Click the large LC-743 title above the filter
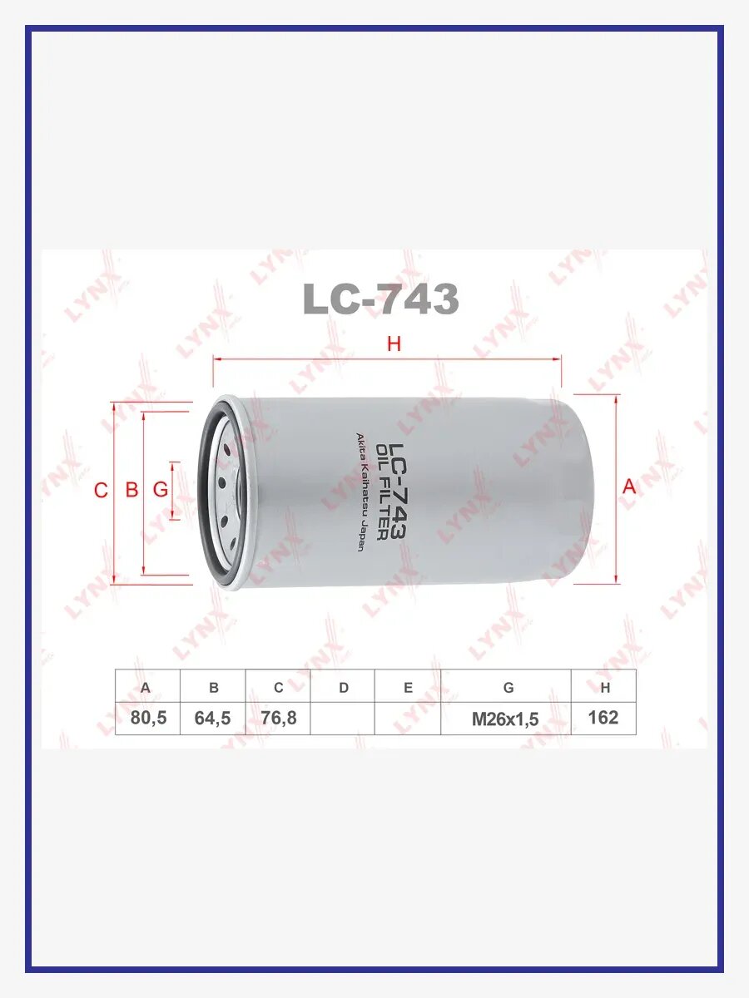pyautogui.click(x=380, y=299)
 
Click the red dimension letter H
pyautogui.click(x=394, y=343)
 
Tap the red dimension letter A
pyautogui.click(x=629, y=487)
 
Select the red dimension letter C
pyautogui.click(x=101, y=490)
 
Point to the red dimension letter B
pyautogui.click(x=131, y=490)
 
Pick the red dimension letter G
pyautogui.click(x=160, y=490)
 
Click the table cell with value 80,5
pyautogui.click(x=148, y=718)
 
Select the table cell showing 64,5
pyautogui.click(x=213, y=718)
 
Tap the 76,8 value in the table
pyautogui.click(x=278, y=718)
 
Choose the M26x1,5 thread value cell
pyautogui.click(x=506, y=719)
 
